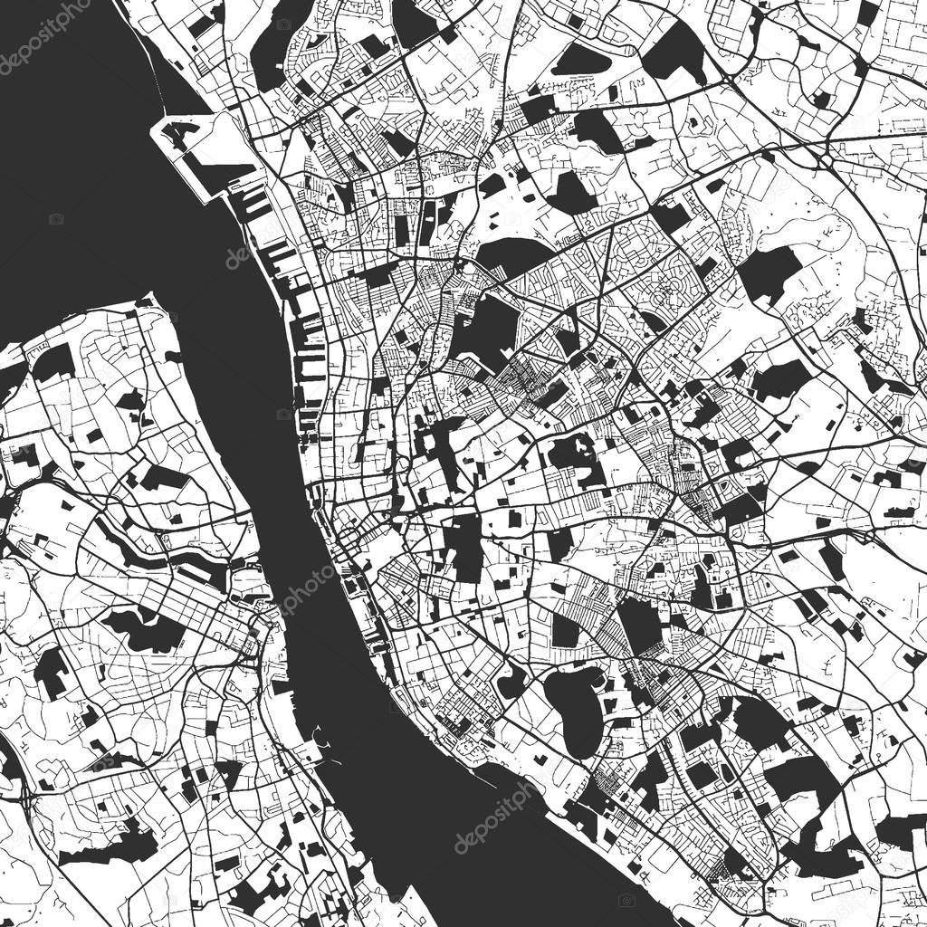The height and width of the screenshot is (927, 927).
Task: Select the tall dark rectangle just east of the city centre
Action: [x=467, y=549]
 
